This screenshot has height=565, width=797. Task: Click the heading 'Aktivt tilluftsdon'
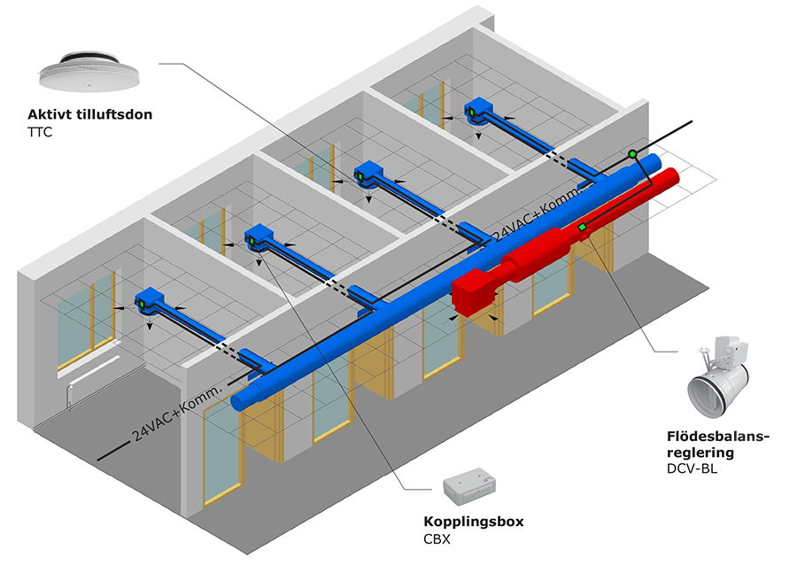pos(90,114)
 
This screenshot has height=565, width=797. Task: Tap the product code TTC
pos(40,133)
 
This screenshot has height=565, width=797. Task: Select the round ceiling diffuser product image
pos(89,72)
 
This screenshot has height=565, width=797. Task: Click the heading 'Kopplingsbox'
pos(474,522)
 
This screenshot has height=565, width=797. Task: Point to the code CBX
pos(437,539)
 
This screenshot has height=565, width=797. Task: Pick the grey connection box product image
pos(469,486)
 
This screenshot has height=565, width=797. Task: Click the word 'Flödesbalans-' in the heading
pos(718,437)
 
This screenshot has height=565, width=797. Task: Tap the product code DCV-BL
pos(692,469)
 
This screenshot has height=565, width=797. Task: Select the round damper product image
pos(717,377)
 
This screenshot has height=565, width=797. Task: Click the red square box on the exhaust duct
pos(474,296)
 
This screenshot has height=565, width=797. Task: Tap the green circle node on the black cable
pos(632,153)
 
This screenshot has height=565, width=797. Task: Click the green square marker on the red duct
pos(582,227)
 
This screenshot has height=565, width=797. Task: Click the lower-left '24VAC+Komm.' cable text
pos(178,413)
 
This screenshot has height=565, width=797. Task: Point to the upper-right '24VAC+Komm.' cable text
pos(538,214)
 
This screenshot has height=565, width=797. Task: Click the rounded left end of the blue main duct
pos(239,402)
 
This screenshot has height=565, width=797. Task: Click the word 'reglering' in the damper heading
pos(700,453)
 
